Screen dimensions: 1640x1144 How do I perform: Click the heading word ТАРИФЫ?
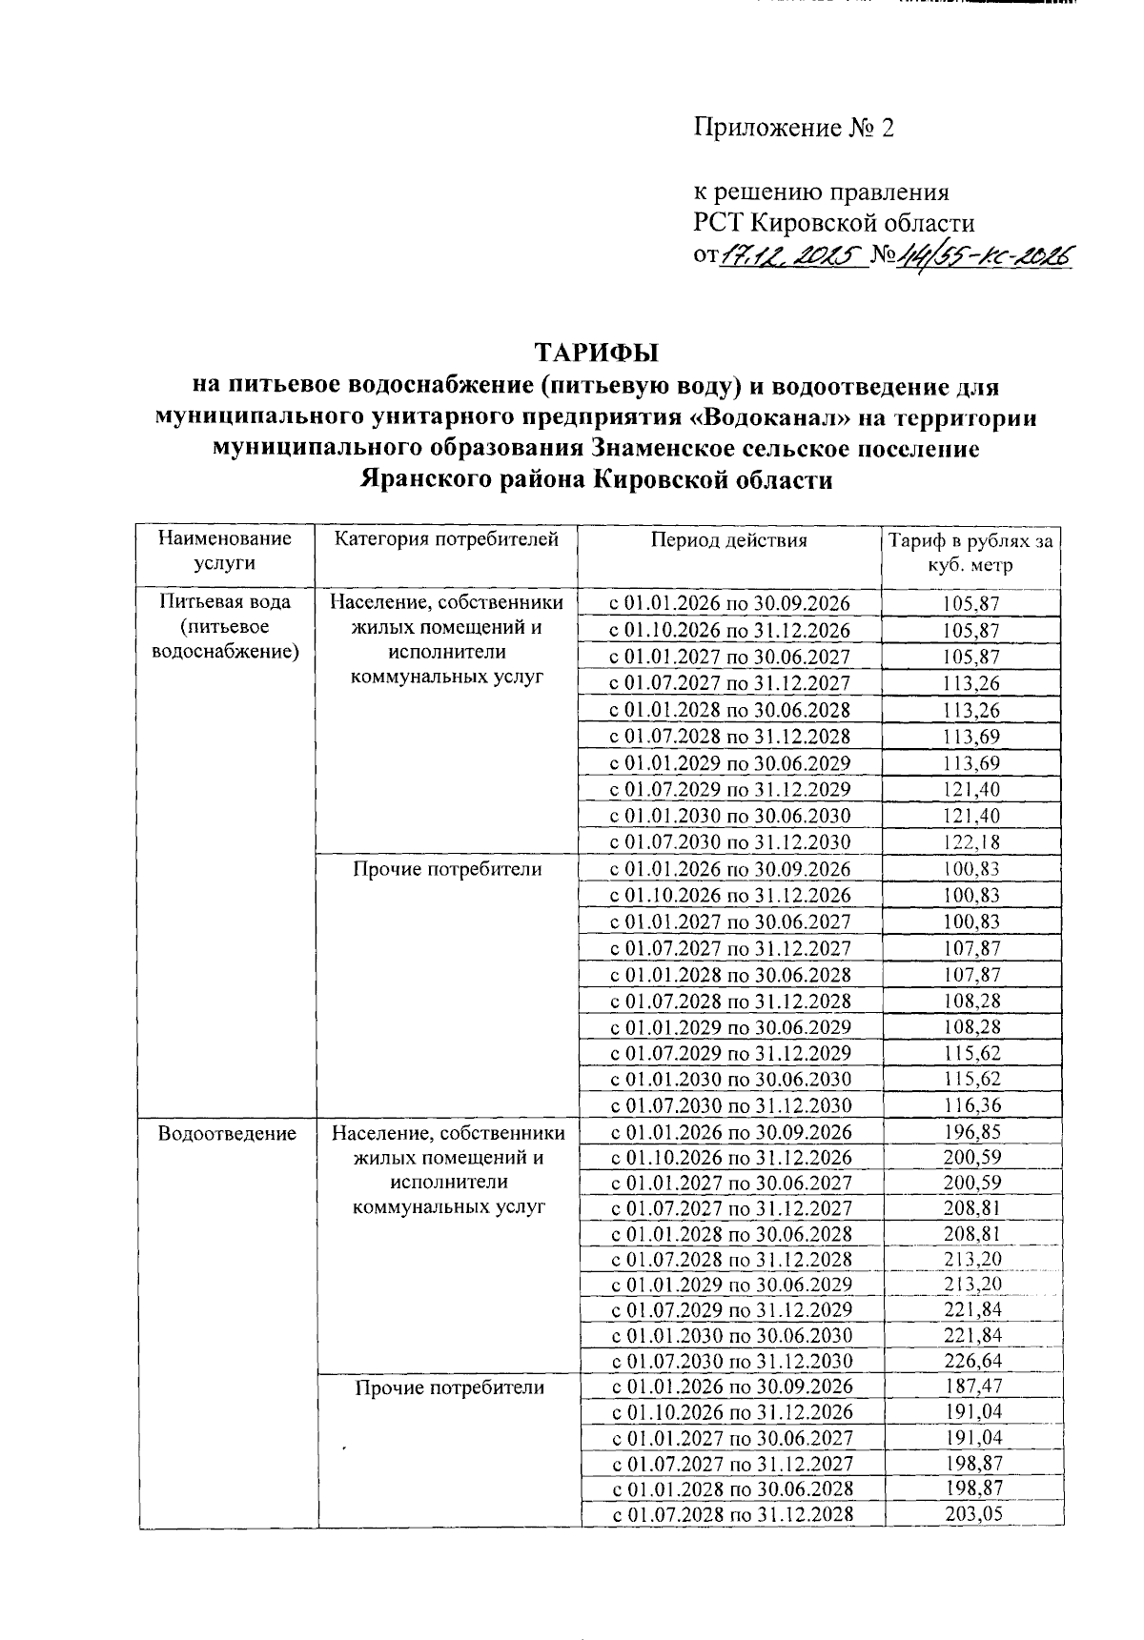596,354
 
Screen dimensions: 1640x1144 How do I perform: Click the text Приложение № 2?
794,128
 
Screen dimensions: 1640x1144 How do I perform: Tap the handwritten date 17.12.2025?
790,255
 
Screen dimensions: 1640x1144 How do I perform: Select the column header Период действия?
728,540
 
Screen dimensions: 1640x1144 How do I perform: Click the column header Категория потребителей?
446,540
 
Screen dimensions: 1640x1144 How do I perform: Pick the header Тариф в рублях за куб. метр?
970,553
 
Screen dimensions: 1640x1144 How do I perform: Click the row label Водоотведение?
228,1133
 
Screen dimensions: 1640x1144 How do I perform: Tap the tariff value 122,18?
971,842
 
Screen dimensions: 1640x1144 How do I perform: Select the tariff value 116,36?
971,1106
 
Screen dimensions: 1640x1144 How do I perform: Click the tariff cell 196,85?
972,1132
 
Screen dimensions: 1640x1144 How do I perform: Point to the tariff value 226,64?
972,1361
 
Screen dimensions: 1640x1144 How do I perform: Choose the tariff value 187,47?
972,1387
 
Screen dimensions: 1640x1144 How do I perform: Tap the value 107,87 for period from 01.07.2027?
971,948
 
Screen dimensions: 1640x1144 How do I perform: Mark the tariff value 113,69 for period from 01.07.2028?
971,737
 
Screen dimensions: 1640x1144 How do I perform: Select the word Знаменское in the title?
664,449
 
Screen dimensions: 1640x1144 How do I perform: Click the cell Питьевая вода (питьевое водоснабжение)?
226,627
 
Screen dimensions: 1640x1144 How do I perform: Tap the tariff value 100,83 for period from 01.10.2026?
971,895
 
